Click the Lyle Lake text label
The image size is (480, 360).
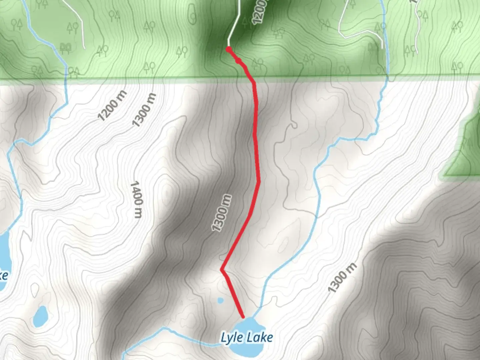tap(247, 338)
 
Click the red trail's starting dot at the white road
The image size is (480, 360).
tap(229, 50)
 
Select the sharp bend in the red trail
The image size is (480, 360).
tap(222, 270)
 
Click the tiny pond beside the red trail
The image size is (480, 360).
tap(220, 300)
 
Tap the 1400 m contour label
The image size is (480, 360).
tap(137, 199)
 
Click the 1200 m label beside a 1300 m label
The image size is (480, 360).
tap(112, 105)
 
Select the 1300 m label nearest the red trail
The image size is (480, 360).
tap(222, 213)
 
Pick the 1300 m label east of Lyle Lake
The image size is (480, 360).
tap(342, 278)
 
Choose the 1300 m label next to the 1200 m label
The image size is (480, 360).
tap(144, 110)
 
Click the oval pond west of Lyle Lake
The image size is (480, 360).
tap(41, 317)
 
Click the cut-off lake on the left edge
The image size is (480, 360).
tap(4, 253)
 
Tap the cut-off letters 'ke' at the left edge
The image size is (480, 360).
tap(3, 275)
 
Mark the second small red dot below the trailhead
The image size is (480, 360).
tap(238, 61)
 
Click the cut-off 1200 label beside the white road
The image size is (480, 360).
tap(259, 12)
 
